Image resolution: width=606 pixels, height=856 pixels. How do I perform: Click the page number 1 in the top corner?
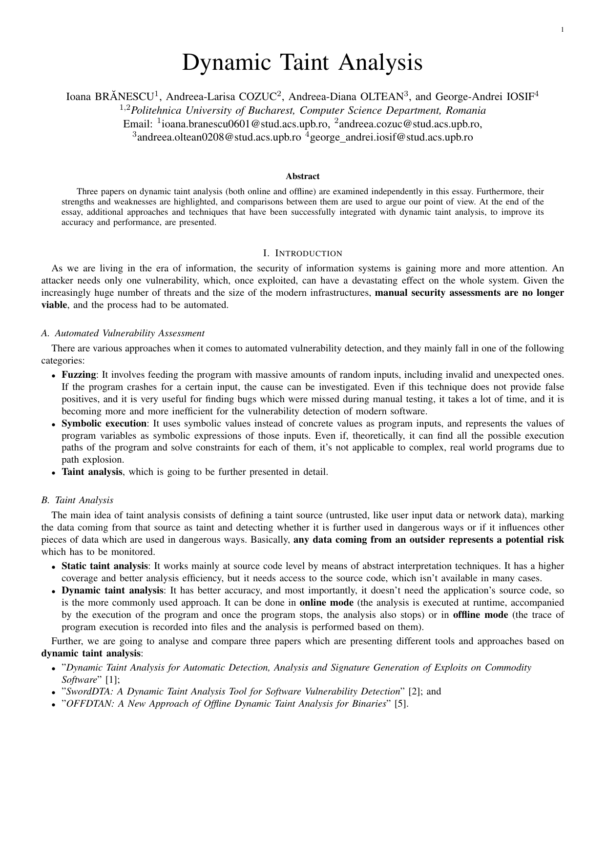[563, 30]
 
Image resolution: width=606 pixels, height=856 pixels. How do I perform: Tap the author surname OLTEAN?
[382, 97]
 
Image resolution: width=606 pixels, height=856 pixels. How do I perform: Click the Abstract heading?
[303, 176]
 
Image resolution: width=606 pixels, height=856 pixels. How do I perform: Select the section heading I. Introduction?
[303, 253]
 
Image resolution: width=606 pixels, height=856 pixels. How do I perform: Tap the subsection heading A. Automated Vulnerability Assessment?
[123, 333]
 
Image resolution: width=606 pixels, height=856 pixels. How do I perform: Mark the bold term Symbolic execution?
[104, 424]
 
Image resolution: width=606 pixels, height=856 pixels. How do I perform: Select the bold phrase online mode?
[326, 603]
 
